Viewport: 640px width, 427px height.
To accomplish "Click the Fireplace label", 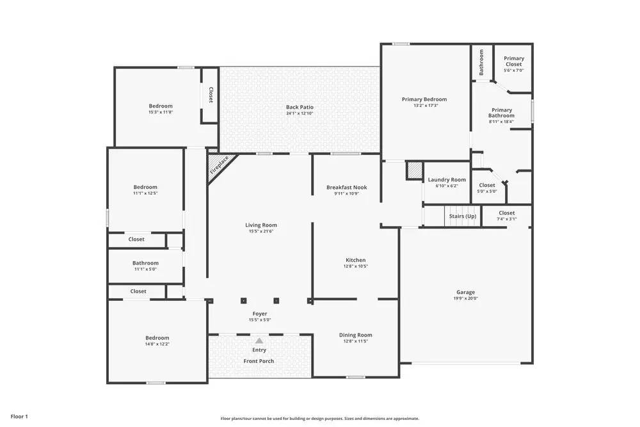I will (219, 165).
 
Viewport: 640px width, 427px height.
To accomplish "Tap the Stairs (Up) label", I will (462, 216).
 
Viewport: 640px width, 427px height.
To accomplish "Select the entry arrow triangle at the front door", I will (259, 341).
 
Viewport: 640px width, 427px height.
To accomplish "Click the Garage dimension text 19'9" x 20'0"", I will (465, 298).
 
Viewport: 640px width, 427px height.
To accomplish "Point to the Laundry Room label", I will (447, 180).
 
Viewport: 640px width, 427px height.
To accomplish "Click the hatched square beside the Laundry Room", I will (414, 171).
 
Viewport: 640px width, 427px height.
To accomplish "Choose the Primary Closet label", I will (513, 61).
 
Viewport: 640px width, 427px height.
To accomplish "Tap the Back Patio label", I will (300, 107).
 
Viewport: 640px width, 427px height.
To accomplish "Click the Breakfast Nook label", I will (346, 187).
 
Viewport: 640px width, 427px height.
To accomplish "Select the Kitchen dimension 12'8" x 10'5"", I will (356, 266).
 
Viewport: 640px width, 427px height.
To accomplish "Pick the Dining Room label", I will (355, 335).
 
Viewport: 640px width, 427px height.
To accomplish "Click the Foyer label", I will (259, 314).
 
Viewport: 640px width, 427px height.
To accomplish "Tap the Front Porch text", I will (259, 361).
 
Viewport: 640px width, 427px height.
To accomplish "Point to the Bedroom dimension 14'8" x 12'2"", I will (157, 344).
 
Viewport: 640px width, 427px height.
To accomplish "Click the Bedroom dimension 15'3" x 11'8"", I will (161, 112).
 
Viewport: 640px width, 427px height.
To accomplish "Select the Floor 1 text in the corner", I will (19, 417).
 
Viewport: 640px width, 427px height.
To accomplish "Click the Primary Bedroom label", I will (424, 99).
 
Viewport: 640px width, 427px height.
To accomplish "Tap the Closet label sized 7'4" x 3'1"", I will (506, 213).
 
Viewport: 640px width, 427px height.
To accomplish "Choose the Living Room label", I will (261, 225).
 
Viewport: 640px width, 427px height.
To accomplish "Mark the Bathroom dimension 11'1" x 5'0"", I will (145, 269).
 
